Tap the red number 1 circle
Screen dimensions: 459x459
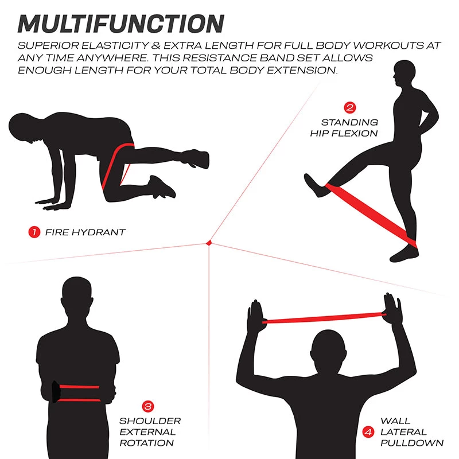coord(34,232)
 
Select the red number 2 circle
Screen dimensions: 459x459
coord(349,107)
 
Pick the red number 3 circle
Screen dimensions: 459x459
coord(147,406)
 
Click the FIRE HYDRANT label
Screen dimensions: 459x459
coord(85,232)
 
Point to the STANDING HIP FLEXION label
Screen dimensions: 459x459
coord(344,127)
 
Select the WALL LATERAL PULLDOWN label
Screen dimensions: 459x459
coord(411,431)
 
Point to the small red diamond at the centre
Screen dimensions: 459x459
coord(210,244)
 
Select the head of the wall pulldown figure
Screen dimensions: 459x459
coord(328,348)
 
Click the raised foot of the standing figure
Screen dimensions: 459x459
coord(314,185)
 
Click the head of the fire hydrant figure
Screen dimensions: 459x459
coord(26,126)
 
